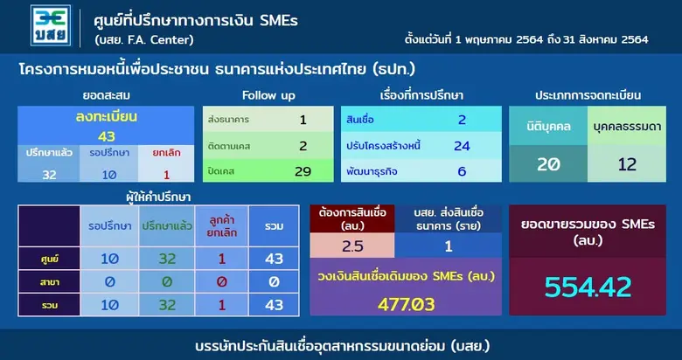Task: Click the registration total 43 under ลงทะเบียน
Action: coord(106,135)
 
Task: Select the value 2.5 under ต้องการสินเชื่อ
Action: coord(353,245)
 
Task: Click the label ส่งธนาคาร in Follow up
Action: coord(227,119)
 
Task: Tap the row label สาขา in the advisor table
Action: coord(50,283)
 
